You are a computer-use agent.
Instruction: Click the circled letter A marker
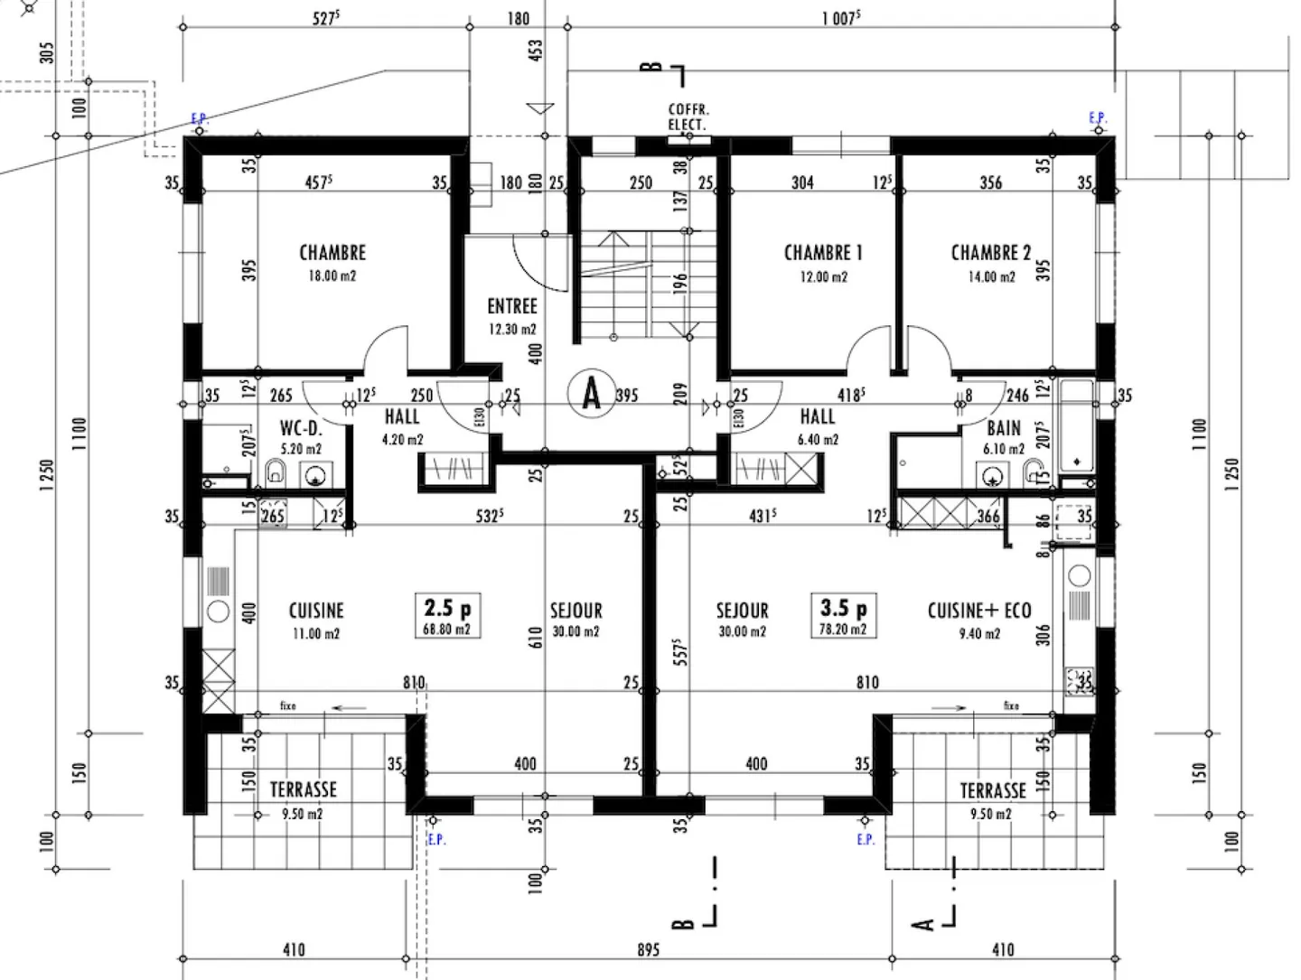coord(592,394)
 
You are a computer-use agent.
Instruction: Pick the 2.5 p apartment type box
coord(447,616)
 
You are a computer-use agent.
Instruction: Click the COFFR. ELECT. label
coord(688,117)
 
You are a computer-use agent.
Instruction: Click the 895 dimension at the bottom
coord(648,949)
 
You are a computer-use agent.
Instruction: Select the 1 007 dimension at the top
coord(840,18)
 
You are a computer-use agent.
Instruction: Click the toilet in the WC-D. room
coord(276,471)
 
